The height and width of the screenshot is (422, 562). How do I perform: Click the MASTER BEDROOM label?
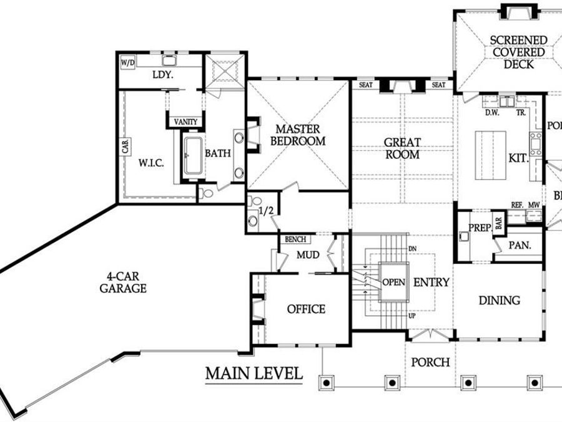pos(297,135)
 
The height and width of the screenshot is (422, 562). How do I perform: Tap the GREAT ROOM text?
pos(402,148)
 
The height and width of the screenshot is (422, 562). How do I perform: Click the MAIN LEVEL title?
pos(254,374)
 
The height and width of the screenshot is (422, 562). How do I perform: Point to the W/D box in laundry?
pos(127,63)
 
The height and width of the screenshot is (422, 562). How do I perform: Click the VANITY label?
pos(186,121)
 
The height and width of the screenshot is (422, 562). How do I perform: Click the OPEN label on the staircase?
pos(393,282)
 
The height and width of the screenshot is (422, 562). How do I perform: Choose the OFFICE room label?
pos(306,309)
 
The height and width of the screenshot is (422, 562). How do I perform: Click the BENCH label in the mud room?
pos(295,239)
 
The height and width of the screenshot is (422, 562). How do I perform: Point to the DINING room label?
pos(499,300)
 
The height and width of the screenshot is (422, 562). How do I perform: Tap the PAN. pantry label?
pos(520,246)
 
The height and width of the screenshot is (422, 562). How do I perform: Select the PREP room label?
pos(480,228)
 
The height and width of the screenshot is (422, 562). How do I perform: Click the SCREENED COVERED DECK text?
pos(518,52)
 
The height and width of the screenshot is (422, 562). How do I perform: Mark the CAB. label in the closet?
pos(126,147)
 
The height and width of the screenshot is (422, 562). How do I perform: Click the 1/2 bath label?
pos(266,211)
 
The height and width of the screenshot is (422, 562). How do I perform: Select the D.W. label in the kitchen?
pos(491,113)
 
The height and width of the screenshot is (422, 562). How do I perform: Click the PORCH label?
pos(431,362)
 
